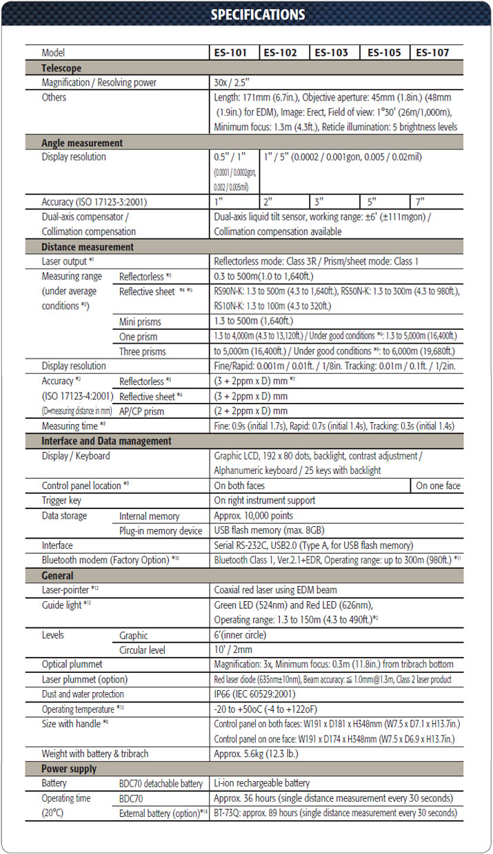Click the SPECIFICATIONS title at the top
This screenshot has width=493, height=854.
pyautogui.click(x=257, y=14)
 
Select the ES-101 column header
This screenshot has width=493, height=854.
pyautogui.click(x=234, y=52)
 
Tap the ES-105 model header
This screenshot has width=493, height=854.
pyautogui.click(x=384, y=52)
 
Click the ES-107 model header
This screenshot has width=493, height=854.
pyautogui.click(x=435, y=52)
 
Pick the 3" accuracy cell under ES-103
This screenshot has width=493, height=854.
pyautogui.click(x=318, y=202)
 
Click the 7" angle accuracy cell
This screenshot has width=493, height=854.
pyautogui.click(x=419, y=202)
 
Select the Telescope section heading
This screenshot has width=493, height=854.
pyautogui.click(x=61, y=68)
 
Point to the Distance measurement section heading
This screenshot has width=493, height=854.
pyautogui.click(x=88, y=247)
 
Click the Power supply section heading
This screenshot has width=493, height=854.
pyautogui.click(x=69, y=769)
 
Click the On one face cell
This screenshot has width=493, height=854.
pyautogui.click(x=438, y=486)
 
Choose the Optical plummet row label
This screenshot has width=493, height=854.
pyautogui.click(x=72, y=664)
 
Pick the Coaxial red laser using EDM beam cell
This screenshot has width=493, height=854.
pyautogui.click(x=274, y=590)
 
